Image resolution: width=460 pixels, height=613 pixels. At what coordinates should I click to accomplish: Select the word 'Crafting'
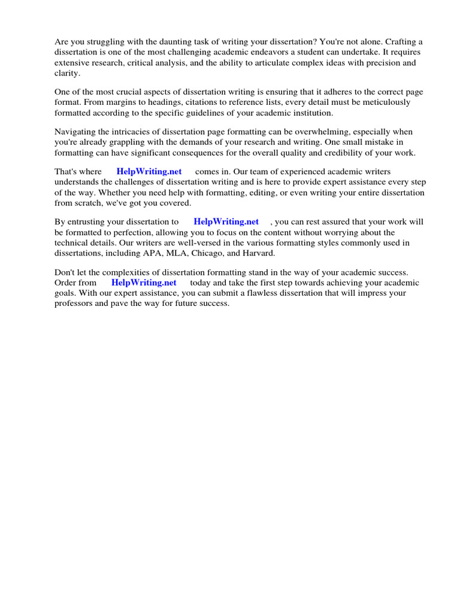tap(401, 42)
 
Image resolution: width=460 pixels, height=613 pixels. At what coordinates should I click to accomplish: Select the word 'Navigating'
tap(75, 132)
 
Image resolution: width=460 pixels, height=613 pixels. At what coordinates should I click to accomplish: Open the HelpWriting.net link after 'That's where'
tap(149, 172)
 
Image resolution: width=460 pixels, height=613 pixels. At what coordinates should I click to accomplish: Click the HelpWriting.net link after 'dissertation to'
tap(226, 222)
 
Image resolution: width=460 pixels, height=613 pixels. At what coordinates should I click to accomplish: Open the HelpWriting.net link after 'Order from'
tap(144, 283)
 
